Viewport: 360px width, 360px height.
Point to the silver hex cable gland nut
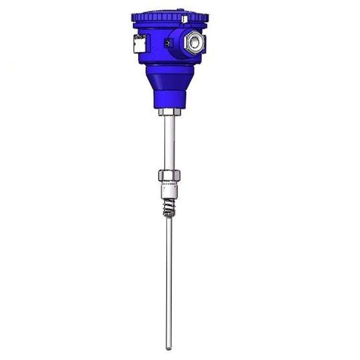coord(195,42)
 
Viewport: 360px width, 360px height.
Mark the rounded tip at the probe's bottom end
coord(168,347)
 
